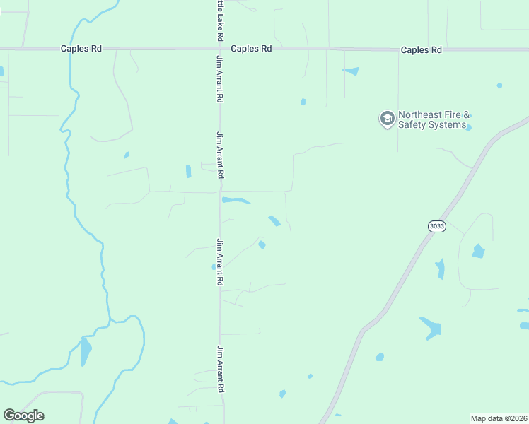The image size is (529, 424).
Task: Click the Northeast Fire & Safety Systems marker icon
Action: [387, 119]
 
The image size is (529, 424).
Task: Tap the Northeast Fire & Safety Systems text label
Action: [434, 120]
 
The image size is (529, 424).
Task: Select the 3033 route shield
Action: [436, 226]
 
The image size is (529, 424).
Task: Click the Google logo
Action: [23, 416]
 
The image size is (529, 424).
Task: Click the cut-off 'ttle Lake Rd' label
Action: [220, 20]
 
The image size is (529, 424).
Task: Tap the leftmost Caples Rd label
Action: [81, 49]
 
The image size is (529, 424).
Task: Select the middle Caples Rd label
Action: [252, 49]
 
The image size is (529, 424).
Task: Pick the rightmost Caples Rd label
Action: [421, 50]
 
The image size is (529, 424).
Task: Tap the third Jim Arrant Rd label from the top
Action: [220, 262]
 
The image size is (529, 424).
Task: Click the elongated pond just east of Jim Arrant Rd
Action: [236, 201]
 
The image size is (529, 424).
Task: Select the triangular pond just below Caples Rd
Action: [351, 71]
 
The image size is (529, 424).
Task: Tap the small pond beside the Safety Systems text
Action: [468, 127]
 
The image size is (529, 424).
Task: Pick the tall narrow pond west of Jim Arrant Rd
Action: [188, 171]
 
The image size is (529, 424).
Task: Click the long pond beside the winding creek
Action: [86, 351]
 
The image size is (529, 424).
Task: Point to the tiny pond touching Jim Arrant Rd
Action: [214, 266]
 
